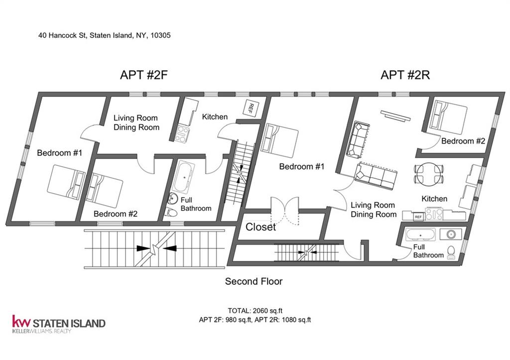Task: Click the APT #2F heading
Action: click(x=144, y=75)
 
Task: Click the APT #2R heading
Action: click(x=405, y=75)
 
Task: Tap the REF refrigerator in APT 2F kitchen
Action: click(x=250, y=107)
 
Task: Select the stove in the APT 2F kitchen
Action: click(x=182, y=134)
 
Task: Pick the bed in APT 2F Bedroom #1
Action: click(x=66, y=182)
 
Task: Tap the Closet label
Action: click(x=260, y=227)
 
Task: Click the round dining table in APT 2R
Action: click(x=429, y=174)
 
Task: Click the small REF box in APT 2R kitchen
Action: click(x=418, y=217)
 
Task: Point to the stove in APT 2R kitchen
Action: click(x=434, y=214)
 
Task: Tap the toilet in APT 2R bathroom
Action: click(x=451, y=252)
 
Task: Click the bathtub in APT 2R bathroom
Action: click(x=420, y=235)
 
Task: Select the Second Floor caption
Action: click(x=254, y=281)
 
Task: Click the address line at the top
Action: click(x=105, y=35)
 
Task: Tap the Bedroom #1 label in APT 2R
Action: click(x=302, y=167)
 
